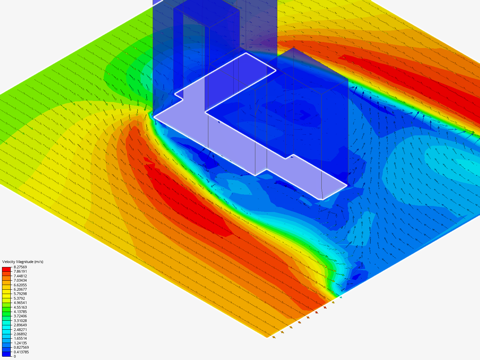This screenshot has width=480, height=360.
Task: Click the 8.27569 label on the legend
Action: pos(20,267)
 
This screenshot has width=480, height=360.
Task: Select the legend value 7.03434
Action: pos(20,280)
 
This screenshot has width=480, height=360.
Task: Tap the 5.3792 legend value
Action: pos(19,298)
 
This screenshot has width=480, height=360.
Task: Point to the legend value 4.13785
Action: pos(20,312)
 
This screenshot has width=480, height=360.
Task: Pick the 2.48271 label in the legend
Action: pos(20,330)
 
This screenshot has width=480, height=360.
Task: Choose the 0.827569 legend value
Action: pos(21,347)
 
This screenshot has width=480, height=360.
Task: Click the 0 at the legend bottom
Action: pos(15,356)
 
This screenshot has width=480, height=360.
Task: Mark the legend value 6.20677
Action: pos(20,289)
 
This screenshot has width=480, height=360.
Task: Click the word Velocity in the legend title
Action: pos(8,262)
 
